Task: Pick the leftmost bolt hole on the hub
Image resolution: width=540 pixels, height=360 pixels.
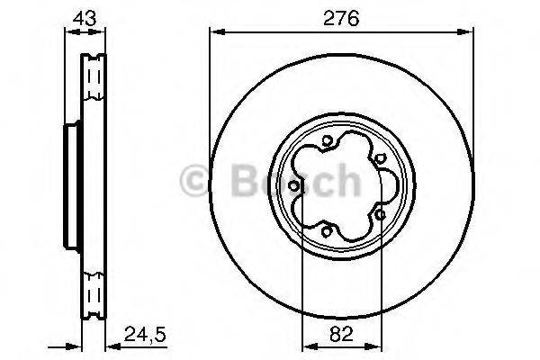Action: [x=300, y=184]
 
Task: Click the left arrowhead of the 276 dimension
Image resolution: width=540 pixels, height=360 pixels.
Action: [x=214, y=32]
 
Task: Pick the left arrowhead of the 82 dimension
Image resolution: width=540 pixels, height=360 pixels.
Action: [x=305, y=346]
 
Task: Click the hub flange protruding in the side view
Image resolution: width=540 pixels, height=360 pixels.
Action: [x=68, y=185]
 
